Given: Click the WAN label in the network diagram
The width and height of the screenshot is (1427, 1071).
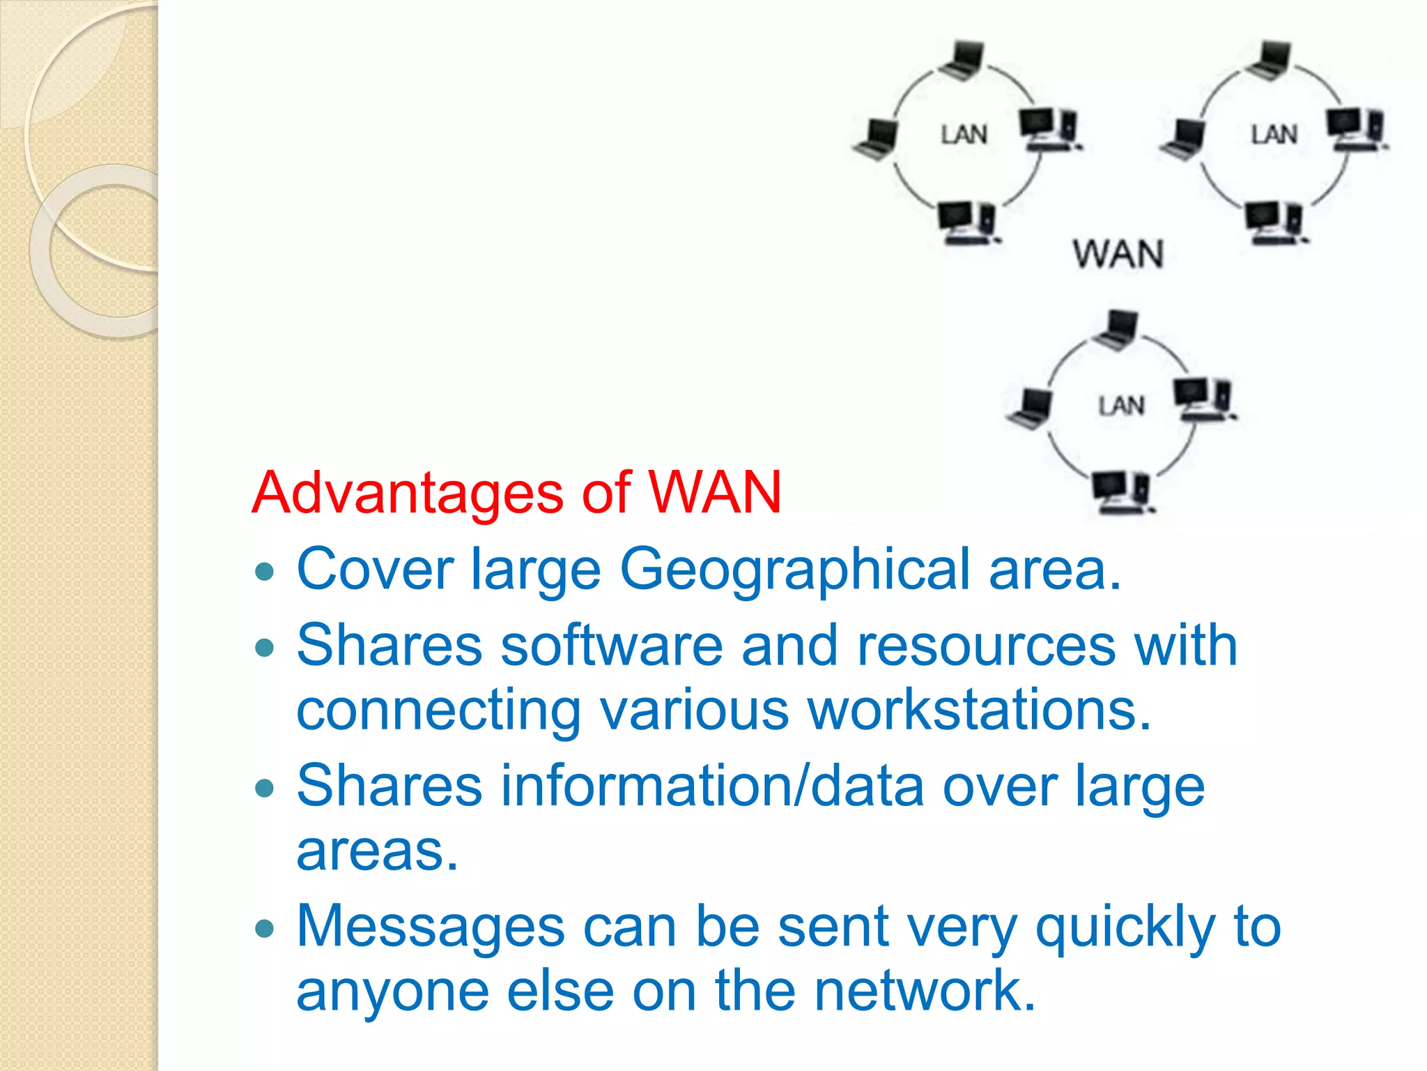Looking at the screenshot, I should coord(1118,254).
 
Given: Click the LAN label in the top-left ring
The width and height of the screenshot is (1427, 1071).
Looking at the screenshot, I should coord(964,135).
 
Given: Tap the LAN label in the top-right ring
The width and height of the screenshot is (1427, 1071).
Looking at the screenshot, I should coord(1274,135).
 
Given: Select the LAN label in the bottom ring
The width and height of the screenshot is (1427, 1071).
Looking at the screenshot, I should coord(1121,405).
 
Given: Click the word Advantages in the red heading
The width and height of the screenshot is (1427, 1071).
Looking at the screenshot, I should coord(408,493).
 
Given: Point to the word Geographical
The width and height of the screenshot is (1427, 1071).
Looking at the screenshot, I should coord(794,570).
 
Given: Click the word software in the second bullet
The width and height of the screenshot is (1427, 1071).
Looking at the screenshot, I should coord(612,645).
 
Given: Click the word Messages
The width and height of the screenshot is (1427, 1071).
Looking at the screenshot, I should coord(431,927).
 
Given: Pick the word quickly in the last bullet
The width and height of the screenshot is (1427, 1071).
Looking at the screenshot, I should coord(1125,928).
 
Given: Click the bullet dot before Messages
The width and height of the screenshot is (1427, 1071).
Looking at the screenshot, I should coord(265,929).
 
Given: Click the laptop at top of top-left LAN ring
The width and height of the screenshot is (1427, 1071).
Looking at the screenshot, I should coord(962,60).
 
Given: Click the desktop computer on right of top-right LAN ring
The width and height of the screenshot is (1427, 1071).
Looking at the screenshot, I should coord(1355,130).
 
